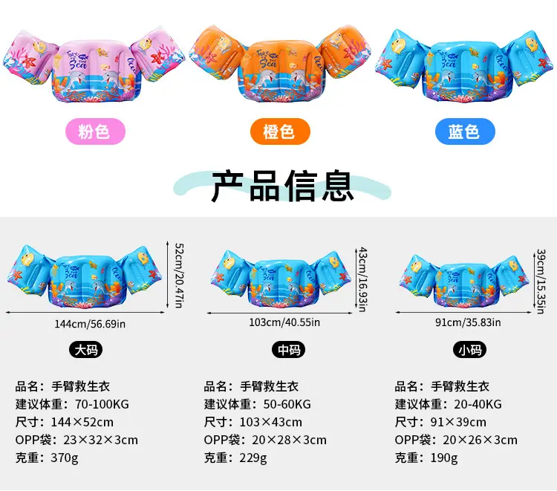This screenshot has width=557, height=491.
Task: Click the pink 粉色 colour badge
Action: pos(95,131)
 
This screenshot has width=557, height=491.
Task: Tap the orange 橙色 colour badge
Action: pos(280,131)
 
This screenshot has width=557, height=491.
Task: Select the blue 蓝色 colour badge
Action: pos(465,131)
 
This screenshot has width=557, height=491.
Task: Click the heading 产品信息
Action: pos(282,186)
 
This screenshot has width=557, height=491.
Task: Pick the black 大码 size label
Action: pos(85,350)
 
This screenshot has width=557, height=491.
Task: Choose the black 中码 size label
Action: pos(288,350)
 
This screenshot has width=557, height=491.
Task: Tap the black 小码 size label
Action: pos(469,350)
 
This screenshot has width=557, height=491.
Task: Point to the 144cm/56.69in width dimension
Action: pos(90,324)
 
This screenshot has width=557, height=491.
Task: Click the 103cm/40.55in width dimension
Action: pos(284,322)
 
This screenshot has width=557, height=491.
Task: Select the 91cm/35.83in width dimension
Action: pos(468,322)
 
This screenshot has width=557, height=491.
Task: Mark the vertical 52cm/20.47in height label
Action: pos(179,276)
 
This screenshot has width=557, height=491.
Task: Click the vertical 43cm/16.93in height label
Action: pos(362,279)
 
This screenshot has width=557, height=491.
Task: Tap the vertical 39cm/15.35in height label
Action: pos(541,282)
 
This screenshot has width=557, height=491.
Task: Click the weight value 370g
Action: pos(65,458)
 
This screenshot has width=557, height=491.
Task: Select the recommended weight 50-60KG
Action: pos(287,404)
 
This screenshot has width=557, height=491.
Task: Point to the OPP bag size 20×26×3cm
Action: pos(480,440)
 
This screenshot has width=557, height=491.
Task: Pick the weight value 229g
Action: pos(253,458)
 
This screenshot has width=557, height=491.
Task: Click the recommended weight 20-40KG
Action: pos(478,404)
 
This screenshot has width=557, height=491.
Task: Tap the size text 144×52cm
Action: pos(82,422)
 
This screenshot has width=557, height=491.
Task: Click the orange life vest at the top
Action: pos(280,64)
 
